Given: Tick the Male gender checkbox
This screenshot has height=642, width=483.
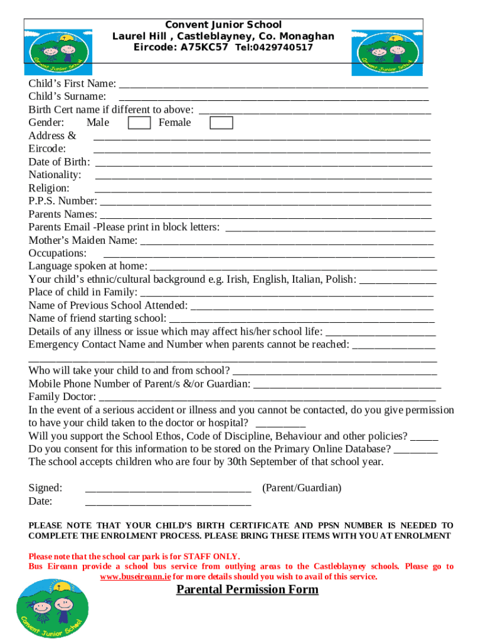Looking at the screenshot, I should (139, 122).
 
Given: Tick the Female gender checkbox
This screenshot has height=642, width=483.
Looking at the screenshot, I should (221, 122).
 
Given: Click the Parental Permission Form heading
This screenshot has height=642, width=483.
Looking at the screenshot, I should (247, 589).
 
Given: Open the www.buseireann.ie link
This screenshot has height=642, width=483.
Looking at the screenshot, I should (135, 577).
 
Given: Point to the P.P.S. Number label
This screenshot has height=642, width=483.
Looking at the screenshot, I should (63, 201).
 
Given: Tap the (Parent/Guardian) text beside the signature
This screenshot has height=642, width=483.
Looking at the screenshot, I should (302, 488).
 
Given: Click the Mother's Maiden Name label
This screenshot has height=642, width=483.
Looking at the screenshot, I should (83, 240).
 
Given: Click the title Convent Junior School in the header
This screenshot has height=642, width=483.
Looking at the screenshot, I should (223, 25).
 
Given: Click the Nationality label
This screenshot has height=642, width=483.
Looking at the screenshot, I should (55, 174).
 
